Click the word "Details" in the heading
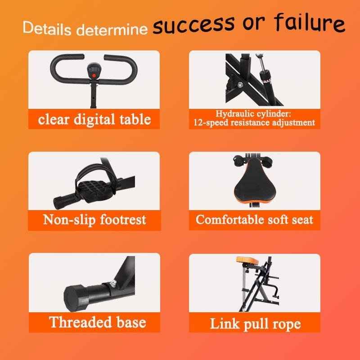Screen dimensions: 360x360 click(47, 28)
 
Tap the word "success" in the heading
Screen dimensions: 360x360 click(193, 25)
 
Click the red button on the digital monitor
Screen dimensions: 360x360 click(94, 76)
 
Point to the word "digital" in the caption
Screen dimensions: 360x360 click(94, 120)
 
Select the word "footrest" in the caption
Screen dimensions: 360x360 click(123, 220)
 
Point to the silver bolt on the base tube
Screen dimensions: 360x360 click(112, 283)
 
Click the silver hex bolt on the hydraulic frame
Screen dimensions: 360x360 click(240, 85)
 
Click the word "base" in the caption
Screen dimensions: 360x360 click(131, 322)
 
